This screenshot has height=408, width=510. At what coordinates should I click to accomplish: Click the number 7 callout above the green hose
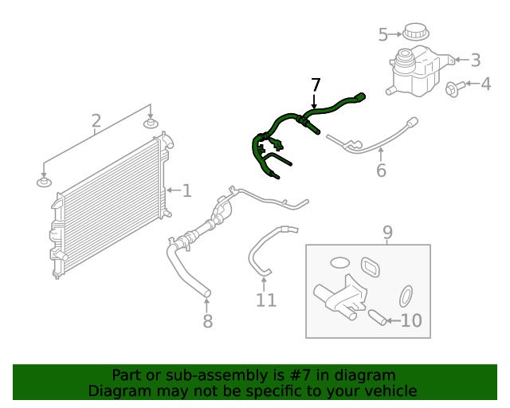(316, 85)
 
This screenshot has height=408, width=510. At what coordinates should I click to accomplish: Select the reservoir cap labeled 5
(415, 33)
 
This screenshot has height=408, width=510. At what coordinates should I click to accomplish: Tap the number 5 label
(382, 35)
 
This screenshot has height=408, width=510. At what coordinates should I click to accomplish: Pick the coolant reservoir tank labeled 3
(415, 69)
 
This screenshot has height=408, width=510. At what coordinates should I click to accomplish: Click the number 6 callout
(381, 170)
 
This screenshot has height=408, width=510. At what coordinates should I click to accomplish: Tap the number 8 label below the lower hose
(207, 320)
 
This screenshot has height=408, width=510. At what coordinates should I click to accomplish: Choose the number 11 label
(266, 300)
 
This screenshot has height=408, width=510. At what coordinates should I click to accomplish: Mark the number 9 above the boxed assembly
(387, 233)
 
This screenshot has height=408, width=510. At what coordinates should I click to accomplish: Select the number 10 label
(410, 321)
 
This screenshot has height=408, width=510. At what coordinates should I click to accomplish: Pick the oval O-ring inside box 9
(339, 262)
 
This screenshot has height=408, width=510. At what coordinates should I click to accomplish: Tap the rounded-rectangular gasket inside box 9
(372, 266)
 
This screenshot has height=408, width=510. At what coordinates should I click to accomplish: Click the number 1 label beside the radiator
(186, 190)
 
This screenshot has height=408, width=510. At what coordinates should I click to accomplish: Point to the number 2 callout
(96, 121)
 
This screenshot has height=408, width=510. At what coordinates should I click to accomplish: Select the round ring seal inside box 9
(406, 296)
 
